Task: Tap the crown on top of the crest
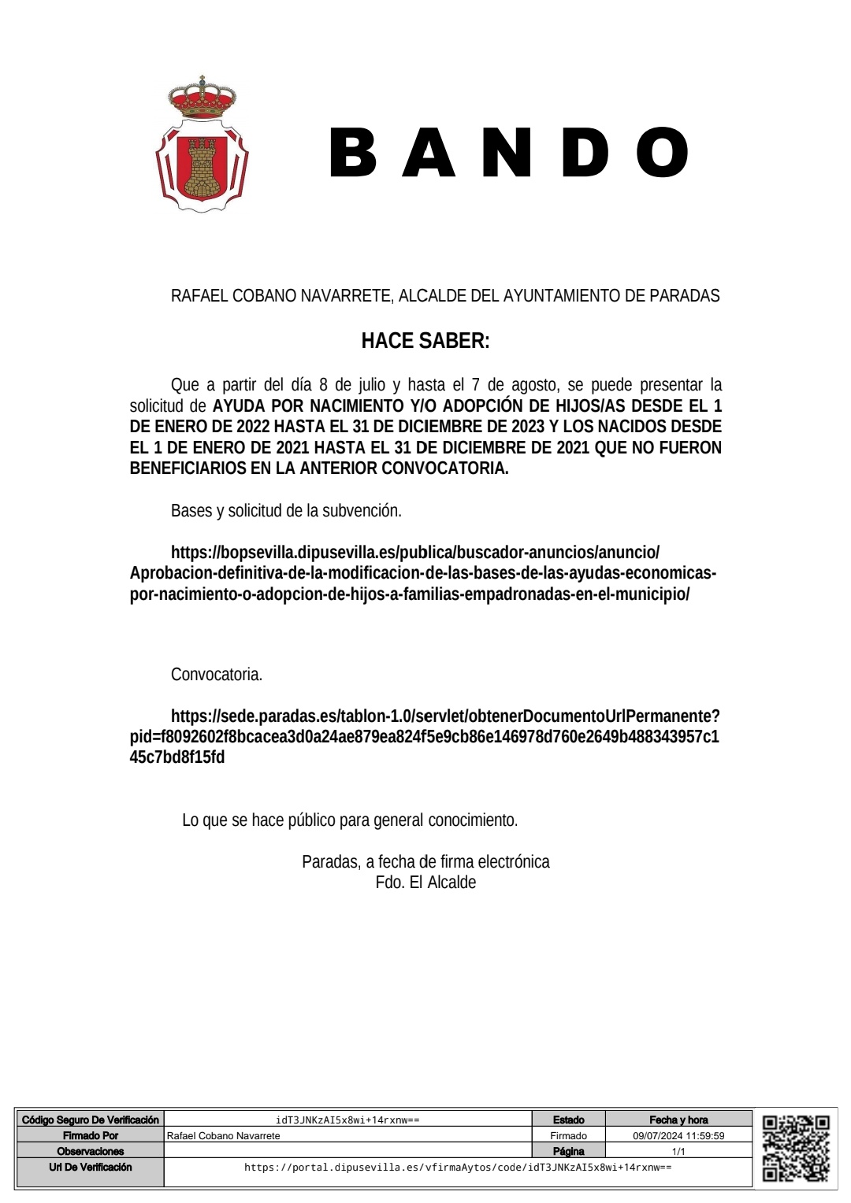coord(203,98)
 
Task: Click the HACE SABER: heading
coord(425,341)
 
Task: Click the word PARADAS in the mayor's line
coord(684,296)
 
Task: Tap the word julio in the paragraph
coord(370,385)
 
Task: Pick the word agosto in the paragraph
coord(533,385)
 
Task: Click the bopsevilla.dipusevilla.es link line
coord(415,553)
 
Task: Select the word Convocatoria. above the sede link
coord(217,675)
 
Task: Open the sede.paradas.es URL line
coord(445,716)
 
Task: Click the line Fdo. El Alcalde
coord(425,883)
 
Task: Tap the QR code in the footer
coord(796,1148)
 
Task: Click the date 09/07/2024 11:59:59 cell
coord(678,1136)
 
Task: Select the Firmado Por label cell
coord(91,1136)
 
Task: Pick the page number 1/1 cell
coord(678,1151)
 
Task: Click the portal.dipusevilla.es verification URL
coord(458,1168)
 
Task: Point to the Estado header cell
coord(568,1120)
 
